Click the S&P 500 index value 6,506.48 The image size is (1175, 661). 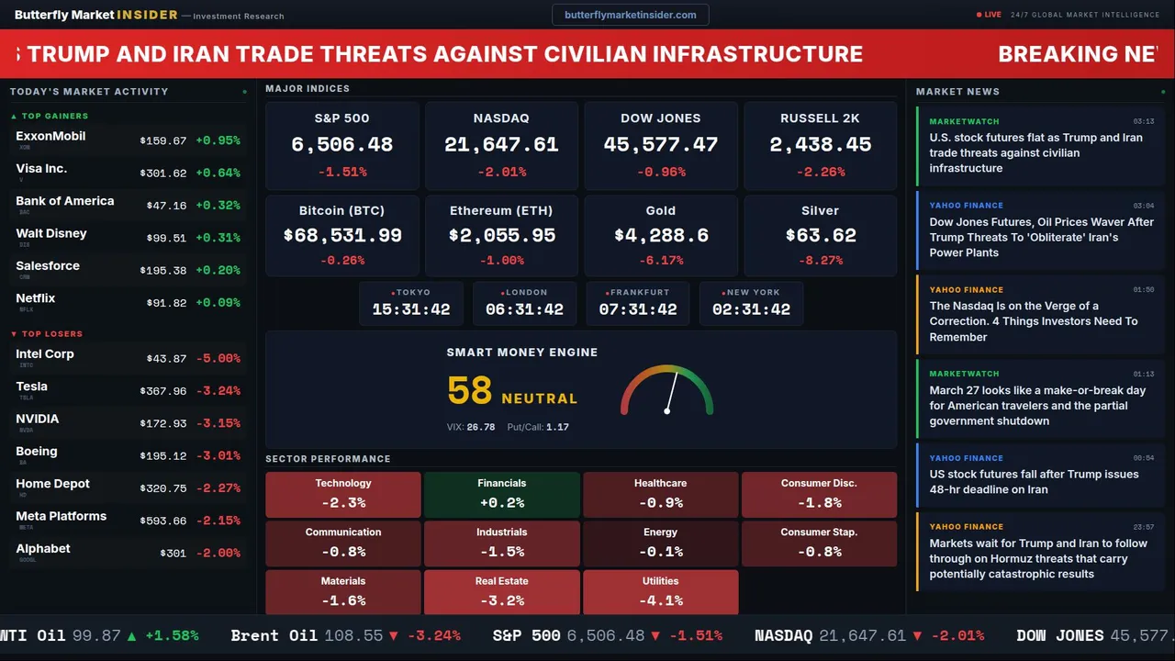(341, 145)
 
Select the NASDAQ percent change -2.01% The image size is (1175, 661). (501, 173)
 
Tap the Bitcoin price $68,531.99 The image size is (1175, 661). (342, 236)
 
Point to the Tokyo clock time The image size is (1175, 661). (411, 309)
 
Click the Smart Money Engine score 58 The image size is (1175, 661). (470, 391)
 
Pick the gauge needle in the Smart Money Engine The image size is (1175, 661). (671, 391)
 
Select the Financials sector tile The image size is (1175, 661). (501, 494)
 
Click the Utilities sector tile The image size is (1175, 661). (660, 592)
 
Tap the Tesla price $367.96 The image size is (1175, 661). (163, 391)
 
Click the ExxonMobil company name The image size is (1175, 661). (50, 137)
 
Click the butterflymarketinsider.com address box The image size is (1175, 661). (631, 15)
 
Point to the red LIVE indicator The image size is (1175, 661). (990, 15)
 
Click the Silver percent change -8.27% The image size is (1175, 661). (820, 261)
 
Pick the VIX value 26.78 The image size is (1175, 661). (481, 427)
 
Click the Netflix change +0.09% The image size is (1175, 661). (218, 303)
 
